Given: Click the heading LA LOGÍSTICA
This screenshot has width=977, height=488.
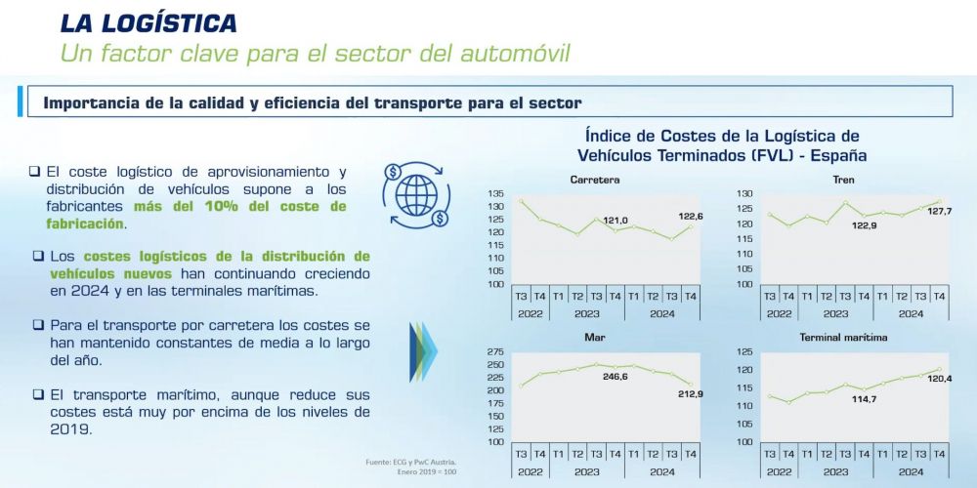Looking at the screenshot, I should click(149, 22).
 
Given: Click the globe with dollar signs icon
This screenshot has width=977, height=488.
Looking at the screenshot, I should click(417, 193).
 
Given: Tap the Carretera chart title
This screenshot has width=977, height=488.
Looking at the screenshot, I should click(594, 180).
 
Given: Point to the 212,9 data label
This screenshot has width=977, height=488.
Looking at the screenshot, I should click(689, 393).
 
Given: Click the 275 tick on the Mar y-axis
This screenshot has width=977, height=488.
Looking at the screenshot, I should click(494, 352).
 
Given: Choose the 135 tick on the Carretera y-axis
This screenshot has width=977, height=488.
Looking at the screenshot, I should click(494, 194).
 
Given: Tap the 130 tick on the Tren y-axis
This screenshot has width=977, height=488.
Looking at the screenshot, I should click(743, 194).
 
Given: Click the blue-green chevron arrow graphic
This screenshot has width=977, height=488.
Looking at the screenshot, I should click(421, 350).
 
